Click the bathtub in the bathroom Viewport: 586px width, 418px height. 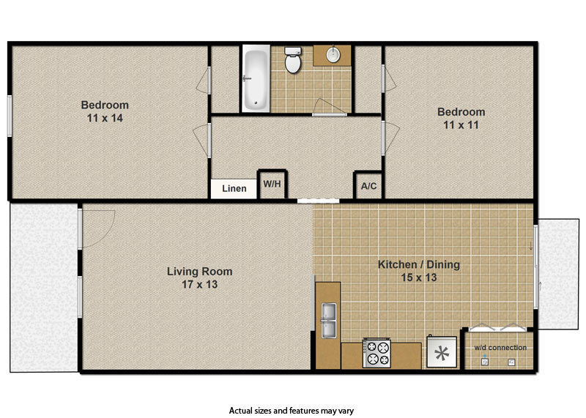(254, 79)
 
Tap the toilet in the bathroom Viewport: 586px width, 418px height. (293, 61)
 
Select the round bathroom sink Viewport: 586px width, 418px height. (333, 55)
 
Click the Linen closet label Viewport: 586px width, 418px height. (234, 188)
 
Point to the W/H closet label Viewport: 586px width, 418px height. (272, 184)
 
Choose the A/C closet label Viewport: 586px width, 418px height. (368, 186)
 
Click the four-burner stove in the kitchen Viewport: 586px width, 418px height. (377, 353)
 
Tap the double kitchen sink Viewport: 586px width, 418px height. (327, 320)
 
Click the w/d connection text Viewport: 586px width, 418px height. (500, 347)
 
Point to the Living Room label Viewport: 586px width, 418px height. (199, 272)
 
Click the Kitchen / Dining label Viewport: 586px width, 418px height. (418, 264)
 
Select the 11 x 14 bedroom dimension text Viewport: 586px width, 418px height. (104, 118)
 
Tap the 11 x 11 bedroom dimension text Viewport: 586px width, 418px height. (461, 125)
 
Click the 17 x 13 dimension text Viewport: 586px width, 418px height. (199, 284)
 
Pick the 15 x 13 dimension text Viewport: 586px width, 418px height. (418, 277)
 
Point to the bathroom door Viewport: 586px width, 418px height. (328, 108)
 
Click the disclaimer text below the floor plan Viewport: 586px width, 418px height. (292, 411)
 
